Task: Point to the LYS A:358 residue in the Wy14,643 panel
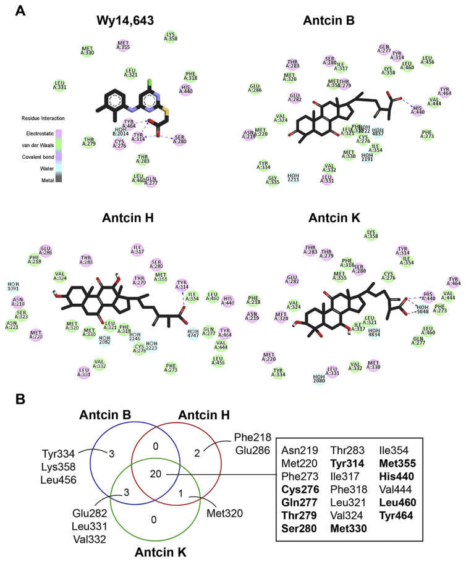point(171,36)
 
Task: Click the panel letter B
point(20,400)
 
